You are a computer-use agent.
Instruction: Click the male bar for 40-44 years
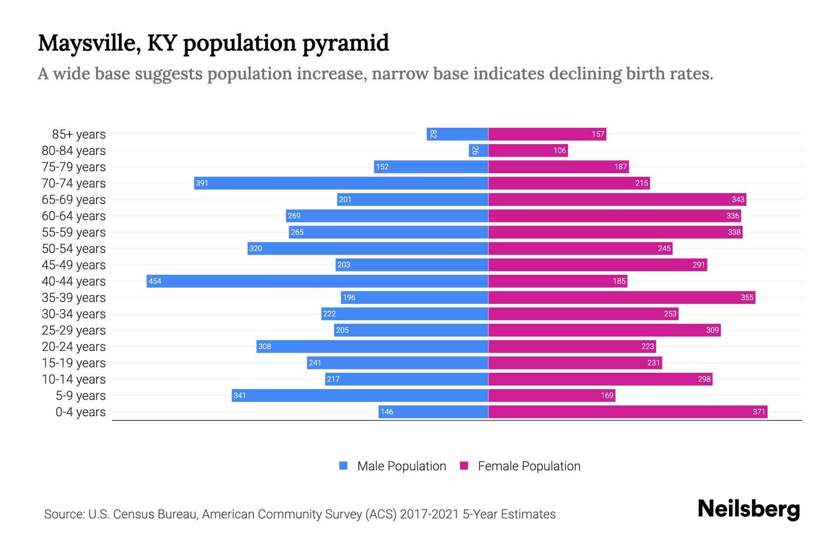(317, 281)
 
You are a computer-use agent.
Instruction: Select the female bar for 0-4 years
(628, 412)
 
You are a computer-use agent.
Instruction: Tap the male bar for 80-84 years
(479, 150)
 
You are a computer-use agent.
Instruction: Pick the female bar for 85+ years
(547, 134)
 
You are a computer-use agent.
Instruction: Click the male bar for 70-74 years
(341, 183)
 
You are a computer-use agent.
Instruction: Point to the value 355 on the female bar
(747, 297)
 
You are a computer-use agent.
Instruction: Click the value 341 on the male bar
(239, 395)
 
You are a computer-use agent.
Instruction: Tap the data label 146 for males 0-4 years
(386, 412)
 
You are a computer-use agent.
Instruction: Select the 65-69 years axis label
(74, 200)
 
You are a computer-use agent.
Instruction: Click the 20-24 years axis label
(74, 347)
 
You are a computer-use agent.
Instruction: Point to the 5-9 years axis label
(81, 396)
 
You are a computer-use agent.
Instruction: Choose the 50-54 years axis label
(74, 249)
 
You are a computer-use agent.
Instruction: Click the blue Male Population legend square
(343, 466)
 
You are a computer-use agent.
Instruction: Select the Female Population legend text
(529, 466)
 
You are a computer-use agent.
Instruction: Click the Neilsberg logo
(749, 509)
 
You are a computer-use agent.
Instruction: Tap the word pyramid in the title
(345, 43)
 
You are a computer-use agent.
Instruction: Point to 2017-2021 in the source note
(429, 514)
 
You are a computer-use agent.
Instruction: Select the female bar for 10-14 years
(600, 379)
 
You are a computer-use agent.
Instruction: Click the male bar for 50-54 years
(368, 248)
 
